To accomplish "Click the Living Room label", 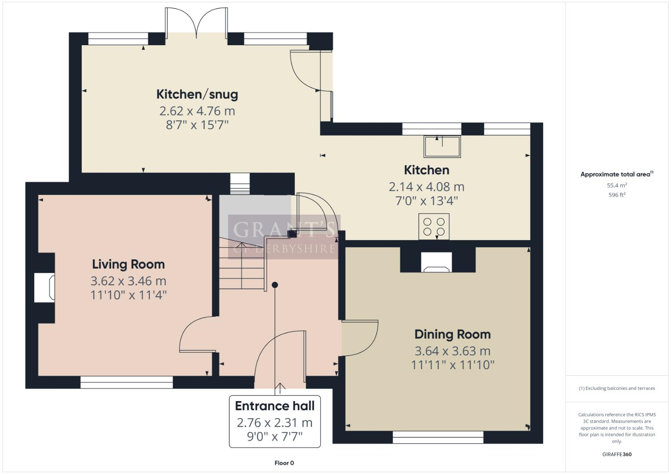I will coord(128,264).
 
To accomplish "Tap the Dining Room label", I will coord(453,334).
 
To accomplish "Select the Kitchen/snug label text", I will coord(197,94).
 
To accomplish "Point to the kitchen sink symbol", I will coord(442,147).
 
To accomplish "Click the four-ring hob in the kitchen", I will coord(434,226).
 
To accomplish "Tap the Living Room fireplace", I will coord(45,288).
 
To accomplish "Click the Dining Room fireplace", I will coord(436,262).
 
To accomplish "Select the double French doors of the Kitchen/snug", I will coord(196,24).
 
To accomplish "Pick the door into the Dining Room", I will coord(359,338).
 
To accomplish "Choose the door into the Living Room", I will coord(197,336).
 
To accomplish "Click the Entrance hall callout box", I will coord(275,421).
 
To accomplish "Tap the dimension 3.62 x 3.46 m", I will coord(128,281).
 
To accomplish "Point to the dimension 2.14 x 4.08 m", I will coord(426,187).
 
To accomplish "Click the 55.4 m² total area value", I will coord(617,185).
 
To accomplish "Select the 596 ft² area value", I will coord(617,195).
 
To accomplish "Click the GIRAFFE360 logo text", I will coord(617,454).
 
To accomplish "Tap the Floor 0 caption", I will coord(284,463).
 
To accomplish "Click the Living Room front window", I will coord(127,382).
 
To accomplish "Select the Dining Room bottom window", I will coord(438,437).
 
